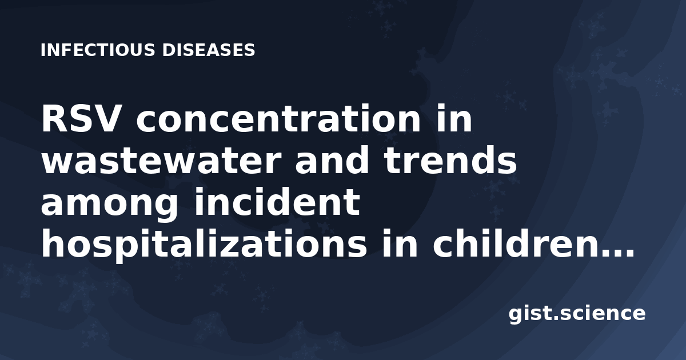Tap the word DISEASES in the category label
point(209,50)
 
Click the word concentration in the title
point(278,119)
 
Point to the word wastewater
point(161,161)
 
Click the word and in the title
point(332,160)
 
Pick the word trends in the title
point(451,160)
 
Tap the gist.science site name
point(577,314)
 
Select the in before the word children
point(400,243)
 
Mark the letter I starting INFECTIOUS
point(43,50)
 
